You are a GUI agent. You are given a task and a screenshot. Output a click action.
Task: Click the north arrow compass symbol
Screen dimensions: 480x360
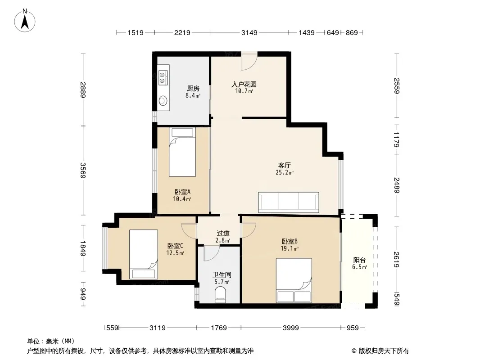click(25, 20)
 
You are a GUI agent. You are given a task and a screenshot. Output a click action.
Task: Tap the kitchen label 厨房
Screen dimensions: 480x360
click(193, 88)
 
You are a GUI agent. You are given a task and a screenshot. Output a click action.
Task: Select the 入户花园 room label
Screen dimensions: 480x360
click(244, 84)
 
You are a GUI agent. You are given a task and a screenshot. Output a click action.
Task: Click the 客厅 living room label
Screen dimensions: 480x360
click(285, 165)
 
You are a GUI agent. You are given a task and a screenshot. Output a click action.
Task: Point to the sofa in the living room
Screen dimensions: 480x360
click(288, 202)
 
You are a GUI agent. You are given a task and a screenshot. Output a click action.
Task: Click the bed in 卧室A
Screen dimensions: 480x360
click(182, 152)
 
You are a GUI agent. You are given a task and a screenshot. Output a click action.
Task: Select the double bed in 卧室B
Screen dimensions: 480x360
click(294, 280)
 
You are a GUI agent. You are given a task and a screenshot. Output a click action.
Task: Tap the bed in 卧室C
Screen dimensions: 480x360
click(144, 254)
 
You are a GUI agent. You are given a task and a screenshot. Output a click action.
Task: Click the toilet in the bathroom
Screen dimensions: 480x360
click(220, 295)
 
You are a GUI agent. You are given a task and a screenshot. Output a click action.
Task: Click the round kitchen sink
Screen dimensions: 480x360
click(163, 100)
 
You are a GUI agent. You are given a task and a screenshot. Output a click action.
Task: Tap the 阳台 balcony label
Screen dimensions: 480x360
click(359, 260)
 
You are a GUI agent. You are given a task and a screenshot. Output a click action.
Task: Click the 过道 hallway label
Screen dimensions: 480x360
click(223, 234)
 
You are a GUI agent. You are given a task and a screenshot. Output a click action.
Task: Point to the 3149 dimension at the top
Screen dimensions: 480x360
click(249, 32)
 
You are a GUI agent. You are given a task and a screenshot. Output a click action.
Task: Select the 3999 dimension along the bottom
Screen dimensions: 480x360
click(290, 328)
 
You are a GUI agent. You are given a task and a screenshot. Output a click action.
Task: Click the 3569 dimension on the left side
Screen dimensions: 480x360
click(83, 171)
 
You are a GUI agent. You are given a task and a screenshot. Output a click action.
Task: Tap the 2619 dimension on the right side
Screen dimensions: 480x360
click(397, 259)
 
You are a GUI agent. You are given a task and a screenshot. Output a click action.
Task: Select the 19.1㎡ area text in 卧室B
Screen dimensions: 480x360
click(290, 248)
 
